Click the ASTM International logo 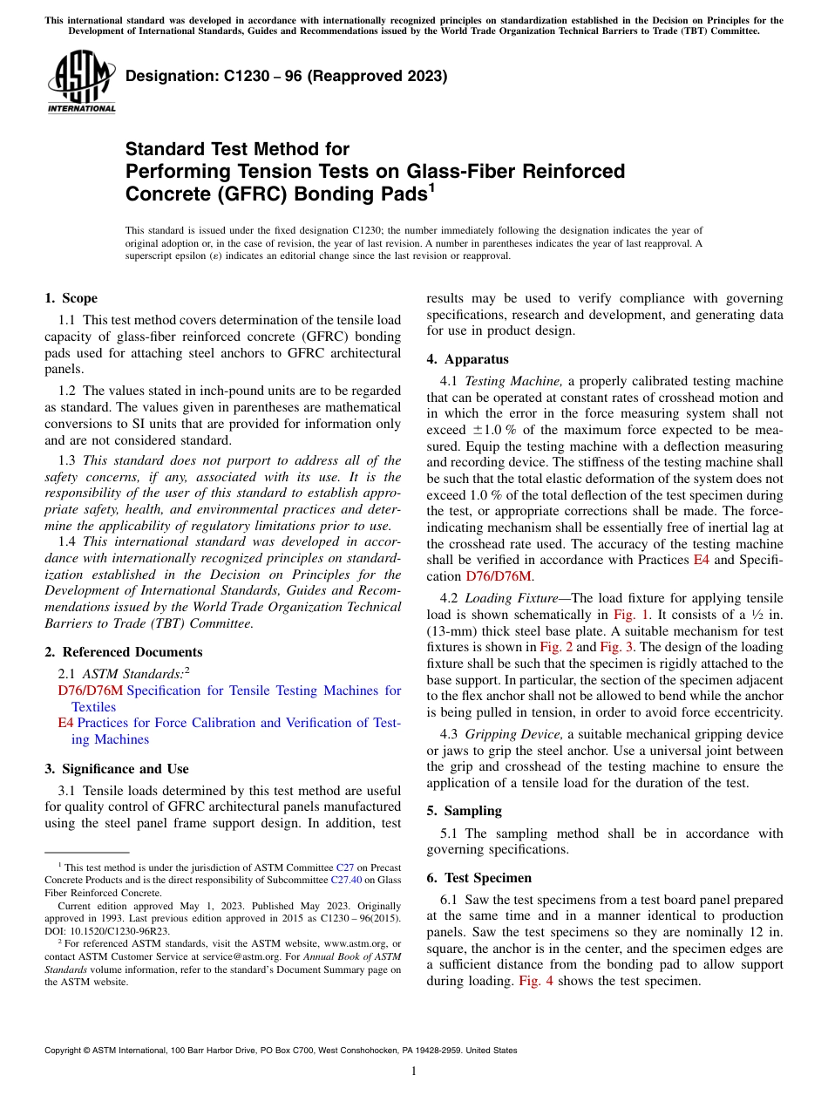tap(81, 83)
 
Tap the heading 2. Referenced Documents tap(123, 652)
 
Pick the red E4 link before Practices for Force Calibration tap(65, 723)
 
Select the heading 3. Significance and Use tap(116, 769)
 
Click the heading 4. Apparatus tap(467, 359)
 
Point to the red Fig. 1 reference tap(628, 615)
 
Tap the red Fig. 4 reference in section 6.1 tap(535, 981)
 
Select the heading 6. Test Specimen tap(478, 878)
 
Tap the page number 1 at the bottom tap(414, 1071)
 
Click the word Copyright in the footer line tap(64, 1051)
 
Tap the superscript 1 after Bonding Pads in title tap(431, 187)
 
